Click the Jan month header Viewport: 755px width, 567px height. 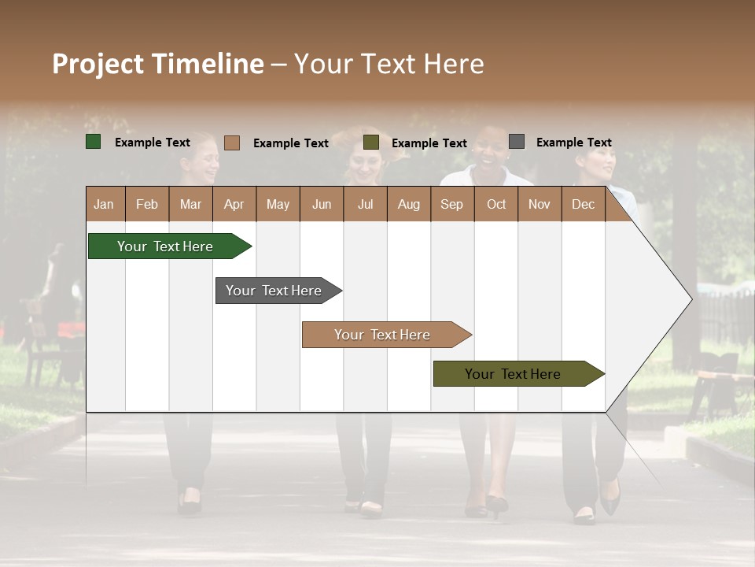point(105,204)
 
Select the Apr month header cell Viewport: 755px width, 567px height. point(234,204)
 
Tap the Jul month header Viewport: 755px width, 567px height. point(365,204)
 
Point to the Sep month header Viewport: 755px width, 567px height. point(452,204)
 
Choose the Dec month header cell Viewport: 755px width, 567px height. point(583,204)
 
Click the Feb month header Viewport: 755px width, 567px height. point(147,204)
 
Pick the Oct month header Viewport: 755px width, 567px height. point(496,204)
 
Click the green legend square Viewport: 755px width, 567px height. point(94,142)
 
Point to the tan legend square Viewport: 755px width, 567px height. point(231,143)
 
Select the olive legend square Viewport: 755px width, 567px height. point(371,143)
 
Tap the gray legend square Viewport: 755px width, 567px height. point(517,142)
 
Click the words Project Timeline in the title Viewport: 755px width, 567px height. point(158,64)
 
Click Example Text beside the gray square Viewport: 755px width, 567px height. point(573,143)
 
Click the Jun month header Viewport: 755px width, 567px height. point(322,204)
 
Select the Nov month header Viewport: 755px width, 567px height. point(540,204)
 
